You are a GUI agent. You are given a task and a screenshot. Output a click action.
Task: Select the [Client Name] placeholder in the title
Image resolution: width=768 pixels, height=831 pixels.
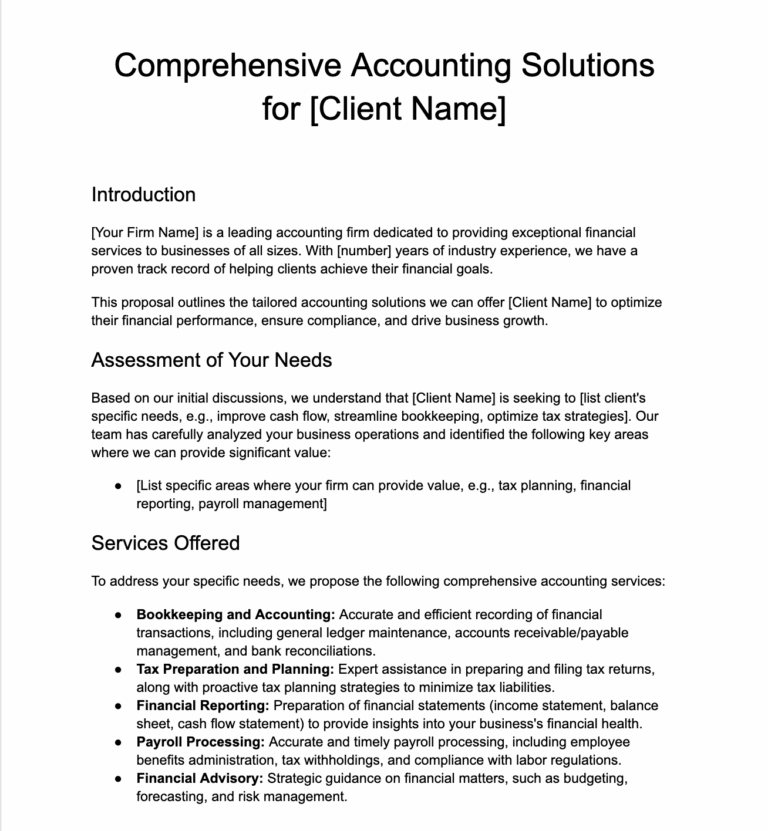tap(407, 108)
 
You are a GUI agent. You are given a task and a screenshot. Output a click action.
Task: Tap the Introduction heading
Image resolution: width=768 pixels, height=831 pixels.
tap(143, 194)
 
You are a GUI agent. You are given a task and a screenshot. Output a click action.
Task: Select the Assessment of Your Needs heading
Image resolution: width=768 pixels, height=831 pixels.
tap(211, 359)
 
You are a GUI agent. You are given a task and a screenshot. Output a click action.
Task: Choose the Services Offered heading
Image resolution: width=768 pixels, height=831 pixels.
tap(165, 543)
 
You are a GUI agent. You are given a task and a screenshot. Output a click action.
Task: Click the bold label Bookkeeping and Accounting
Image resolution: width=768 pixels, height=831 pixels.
tap(235, 614)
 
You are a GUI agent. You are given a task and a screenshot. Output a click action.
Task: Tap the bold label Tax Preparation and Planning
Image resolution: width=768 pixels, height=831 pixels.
tap(235, 668)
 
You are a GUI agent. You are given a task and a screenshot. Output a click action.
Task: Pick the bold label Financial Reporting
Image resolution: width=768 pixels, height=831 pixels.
tap(199, 705)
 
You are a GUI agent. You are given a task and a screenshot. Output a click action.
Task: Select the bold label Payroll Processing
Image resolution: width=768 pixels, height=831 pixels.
tap(200, 741)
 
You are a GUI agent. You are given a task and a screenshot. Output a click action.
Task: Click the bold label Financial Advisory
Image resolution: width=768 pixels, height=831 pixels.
tap(197, 778)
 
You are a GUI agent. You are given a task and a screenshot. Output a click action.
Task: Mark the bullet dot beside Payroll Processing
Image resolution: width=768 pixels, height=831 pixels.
tap(118, 742)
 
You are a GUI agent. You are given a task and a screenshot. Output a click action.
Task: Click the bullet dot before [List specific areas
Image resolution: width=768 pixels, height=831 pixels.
tap(118, 486)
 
